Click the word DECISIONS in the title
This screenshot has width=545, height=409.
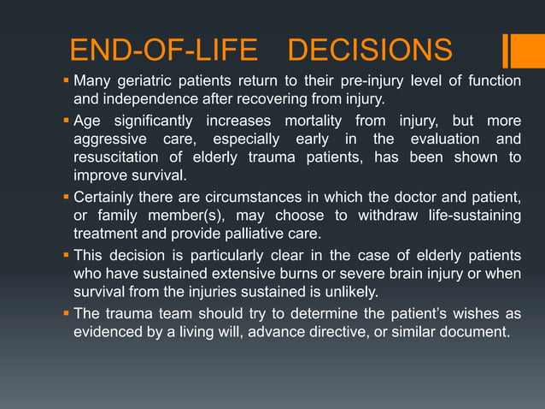click(x=370, y=50)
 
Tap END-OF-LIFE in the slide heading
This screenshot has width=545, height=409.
click(x=163, y=50)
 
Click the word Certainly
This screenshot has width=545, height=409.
click(x=106, y=197)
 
